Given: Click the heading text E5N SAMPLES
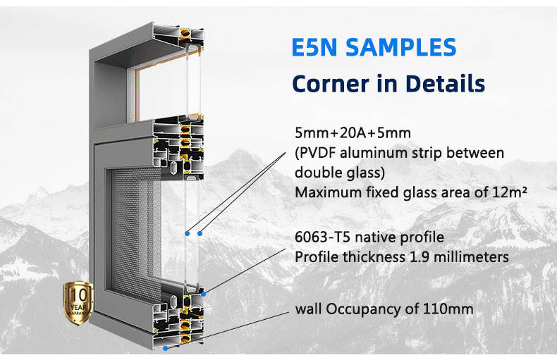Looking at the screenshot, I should pos(374,48).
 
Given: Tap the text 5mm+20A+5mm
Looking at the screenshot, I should pos(342,132).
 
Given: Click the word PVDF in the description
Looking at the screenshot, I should pos(317,153).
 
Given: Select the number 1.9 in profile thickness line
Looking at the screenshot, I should pos(419,257).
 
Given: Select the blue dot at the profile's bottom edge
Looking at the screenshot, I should pos(165,347).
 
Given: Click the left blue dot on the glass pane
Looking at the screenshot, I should pos(187,232).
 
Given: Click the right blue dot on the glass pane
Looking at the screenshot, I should pos(200,232).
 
